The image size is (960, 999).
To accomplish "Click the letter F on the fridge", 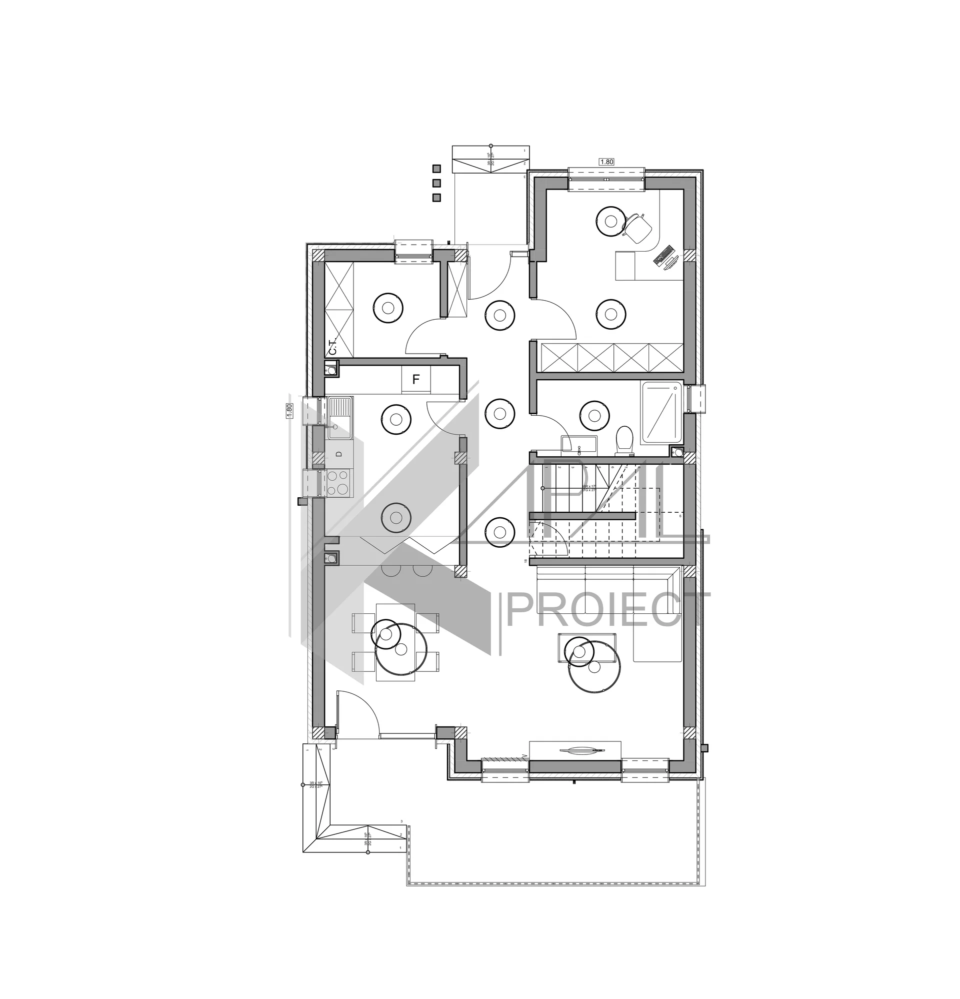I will tap(416, 380).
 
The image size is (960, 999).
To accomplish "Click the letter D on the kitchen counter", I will tap(338, 454).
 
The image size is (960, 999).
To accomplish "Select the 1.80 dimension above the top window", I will tap(606, 162).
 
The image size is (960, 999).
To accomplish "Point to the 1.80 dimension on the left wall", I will tap(289, 410).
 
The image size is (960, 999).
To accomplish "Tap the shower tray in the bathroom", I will tap(661, 412).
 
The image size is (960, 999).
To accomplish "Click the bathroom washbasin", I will tap(579, 445).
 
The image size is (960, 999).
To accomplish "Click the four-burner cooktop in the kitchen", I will tap(338, 483).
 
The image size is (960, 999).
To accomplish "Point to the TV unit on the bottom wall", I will tap(575, 750).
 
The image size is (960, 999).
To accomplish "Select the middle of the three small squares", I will tap(436, 183).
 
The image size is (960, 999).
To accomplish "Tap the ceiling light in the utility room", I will tap(388, 307).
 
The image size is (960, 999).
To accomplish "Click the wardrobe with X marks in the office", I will tap(611, 358).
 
